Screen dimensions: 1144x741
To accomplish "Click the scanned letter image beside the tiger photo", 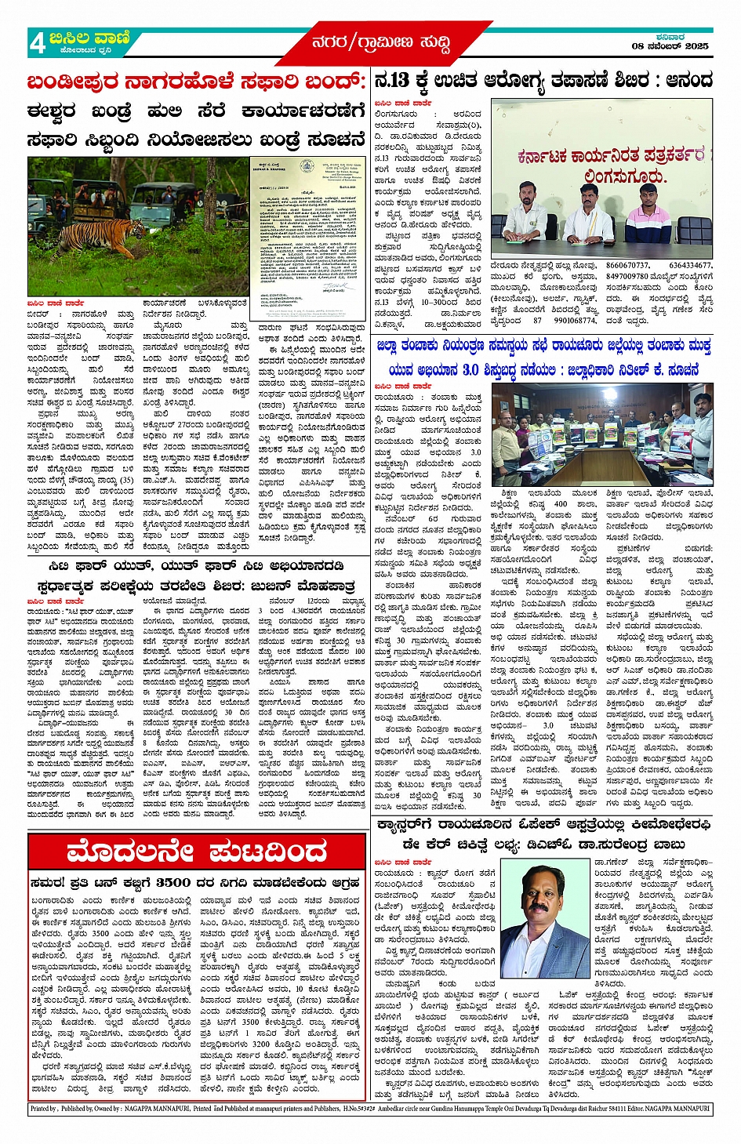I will (307, 226).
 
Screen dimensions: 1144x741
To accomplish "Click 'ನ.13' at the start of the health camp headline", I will (392, 82).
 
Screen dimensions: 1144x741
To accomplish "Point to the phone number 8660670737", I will (627, 266).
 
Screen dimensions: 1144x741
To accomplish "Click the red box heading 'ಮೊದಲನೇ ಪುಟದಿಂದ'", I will (196, 852).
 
